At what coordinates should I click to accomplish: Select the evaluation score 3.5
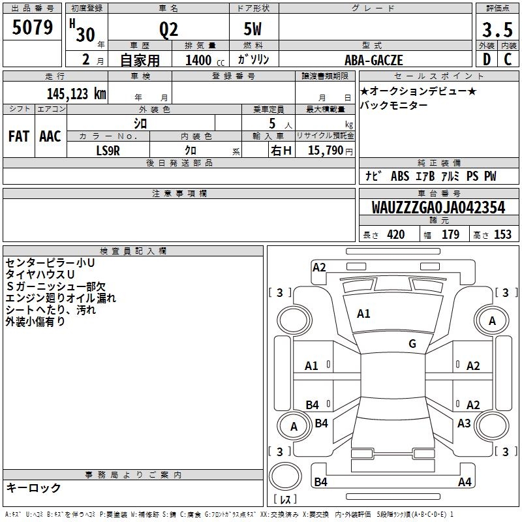497,30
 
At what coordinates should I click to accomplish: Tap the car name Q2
168,30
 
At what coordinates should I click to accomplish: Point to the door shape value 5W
253,30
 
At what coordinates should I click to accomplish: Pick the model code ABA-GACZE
374,61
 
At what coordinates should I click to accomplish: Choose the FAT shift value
19,136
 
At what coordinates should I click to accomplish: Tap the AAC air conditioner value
50,136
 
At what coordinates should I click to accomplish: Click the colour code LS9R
108,150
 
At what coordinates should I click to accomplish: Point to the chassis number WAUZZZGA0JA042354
438,207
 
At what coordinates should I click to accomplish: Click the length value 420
395,235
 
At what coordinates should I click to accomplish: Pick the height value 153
502,235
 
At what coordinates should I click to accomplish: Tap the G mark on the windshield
412,343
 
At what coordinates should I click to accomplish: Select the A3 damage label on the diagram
464,423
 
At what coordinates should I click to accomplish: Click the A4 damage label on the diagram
465,482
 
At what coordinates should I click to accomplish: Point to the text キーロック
33,487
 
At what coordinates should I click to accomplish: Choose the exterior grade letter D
487,61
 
